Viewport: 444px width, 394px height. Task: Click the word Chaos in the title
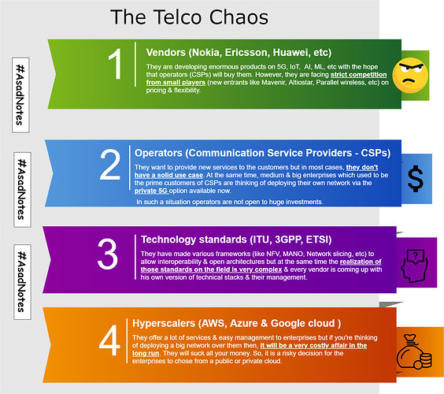(x=239, y=17)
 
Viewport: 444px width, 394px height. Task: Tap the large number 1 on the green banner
(x=116, y=64)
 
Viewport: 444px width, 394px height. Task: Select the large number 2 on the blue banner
(x=110, y=165)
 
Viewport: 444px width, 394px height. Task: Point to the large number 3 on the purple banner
(x=108, y=254)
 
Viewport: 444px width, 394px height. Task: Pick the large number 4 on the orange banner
(x=109, y=340)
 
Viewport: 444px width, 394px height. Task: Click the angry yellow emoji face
(x=410, y=76)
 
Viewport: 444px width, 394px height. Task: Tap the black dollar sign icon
(x=416, y=179)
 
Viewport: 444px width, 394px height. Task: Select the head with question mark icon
(x=414, y=266)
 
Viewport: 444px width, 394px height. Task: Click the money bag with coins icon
(x=414, y=352)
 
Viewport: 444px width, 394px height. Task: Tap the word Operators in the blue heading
(x=158, y=154)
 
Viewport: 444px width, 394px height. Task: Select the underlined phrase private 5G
(x=151, y=191)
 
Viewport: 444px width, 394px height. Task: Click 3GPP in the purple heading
(x=287, y=240)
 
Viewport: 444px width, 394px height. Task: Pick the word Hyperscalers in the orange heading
(x=164, y=324)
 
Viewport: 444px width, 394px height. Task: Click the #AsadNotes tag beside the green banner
(x=20, y=95)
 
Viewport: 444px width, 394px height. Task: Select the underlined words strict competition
(x=358, y=75)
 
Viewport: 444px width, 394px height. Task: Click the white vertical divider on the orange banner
(x=127, y=340)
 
